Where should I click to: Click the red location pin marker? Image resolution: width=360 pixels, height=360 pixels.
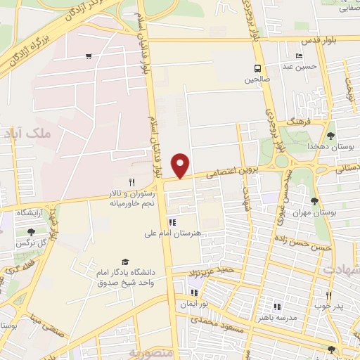[x=181, y=165]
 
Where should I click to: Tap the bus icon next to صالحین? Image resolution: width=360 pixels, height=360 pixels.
[x=258, y=69]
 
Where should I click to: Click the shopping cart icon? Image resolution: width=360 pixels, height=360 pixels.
[x=89, y=56]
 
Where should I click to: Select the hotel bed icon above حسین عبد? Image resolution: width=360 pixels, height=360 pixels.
[x=300, y=56]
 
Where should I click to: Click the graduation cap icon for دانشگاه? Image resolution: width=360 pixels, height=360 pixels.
[x=125, y=262]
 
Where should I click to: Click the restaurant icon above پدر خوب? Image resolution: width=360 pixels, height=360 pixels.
[x=328, y=296]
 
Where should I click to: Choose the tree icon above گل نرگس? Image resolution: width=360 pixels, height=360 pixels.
[x=30, y=231]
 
